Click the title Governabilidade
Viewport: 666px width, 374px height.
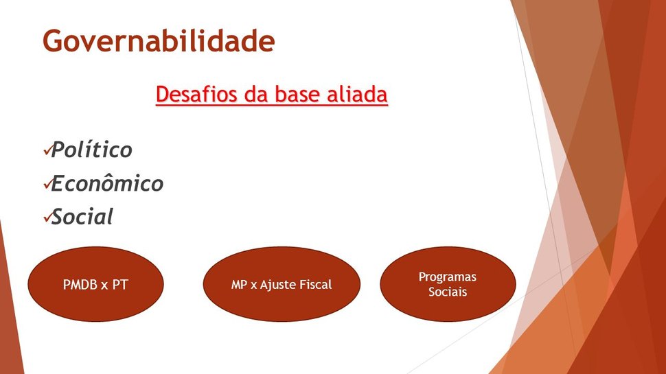tap(159, 42)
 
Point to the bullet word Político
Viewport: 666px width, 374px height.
tap(92, 150)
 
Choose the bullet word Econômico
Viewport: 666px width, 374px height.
tap(107, 183)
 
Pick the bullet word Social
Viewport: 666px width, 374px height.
tap(82, 216)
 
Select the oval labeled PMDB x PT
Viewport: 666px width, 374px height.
tap(95, 284)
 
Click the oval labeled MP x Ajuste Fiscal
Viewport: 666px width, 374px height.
tap(282, 284)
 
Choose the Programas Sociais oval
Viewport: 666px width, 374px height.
tap(448, 284)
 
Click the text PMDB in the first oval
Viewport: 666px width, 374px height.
tap(80, 284)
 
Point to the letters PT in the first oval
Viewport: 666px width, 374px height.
tap(119, 284)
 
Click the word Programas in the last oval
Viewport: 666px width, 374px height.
tap(448, 277)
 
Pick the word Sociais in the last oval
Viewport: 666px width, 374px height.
tap(448, 292)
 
